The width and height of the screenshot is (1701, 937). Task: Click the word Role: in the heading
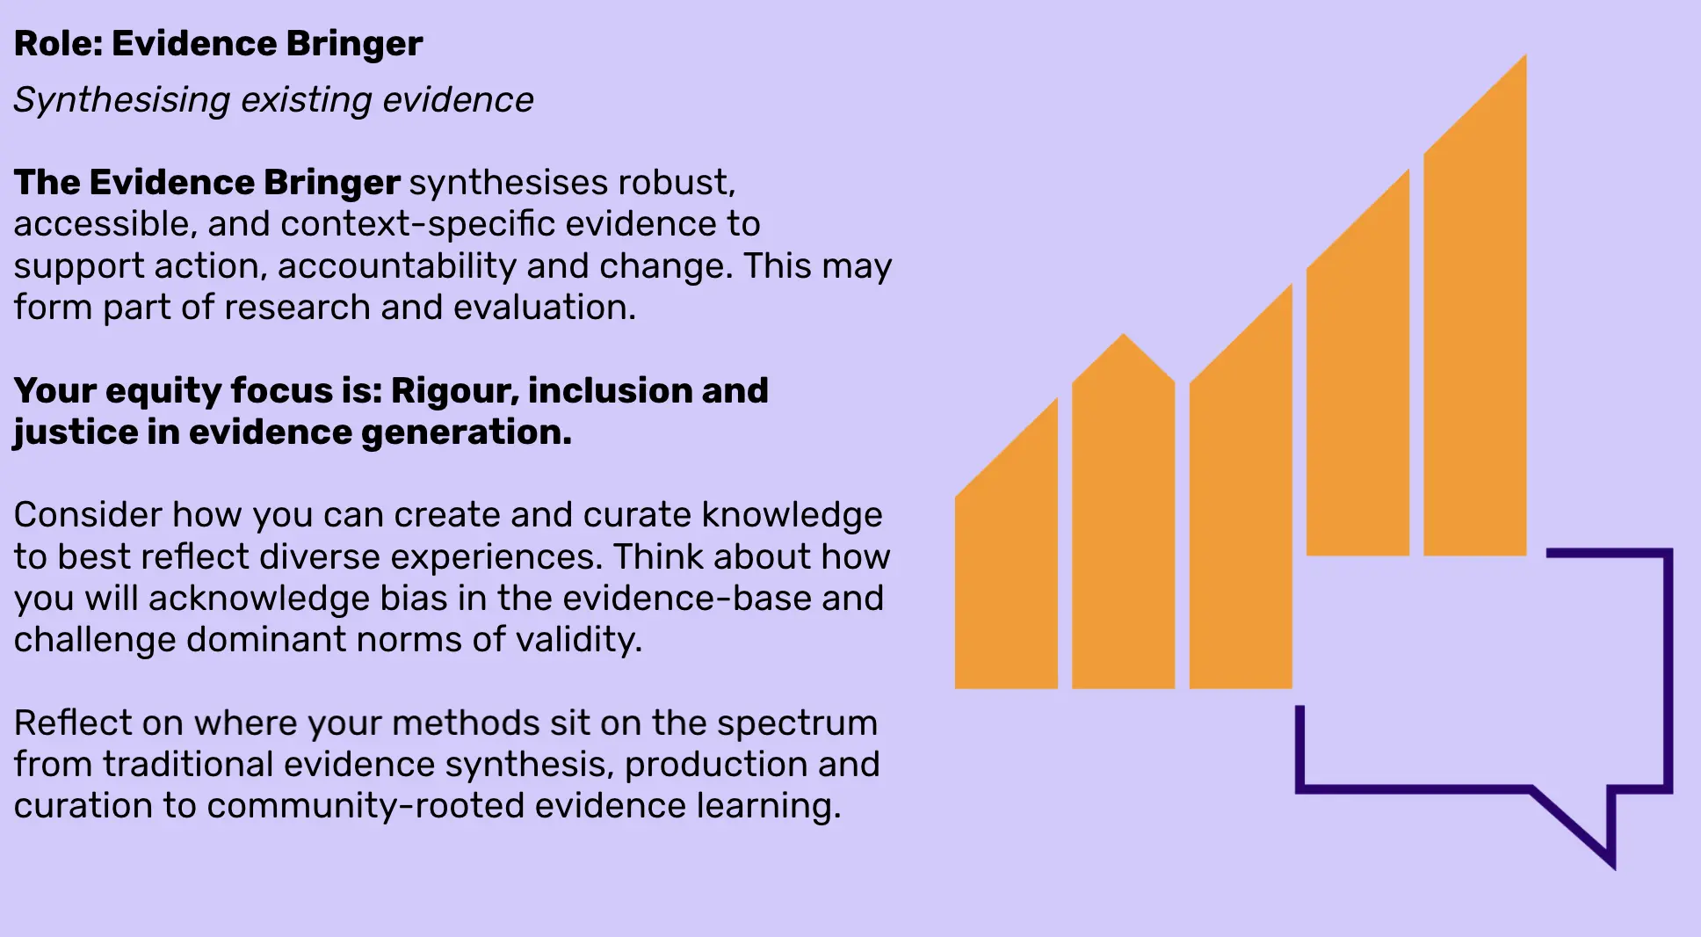[x=58, y=44]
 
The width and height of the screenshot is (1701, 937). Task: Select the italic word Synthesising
[x=122, y=100]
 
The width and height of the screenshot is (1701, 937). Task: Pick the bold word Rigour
[x=454, y=391]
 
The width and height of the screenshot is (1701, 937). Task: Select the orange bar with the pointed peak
[x=1124, y=519]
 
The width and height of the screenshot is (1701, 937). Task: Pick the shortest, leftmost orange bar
[x=1006, y=563]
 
